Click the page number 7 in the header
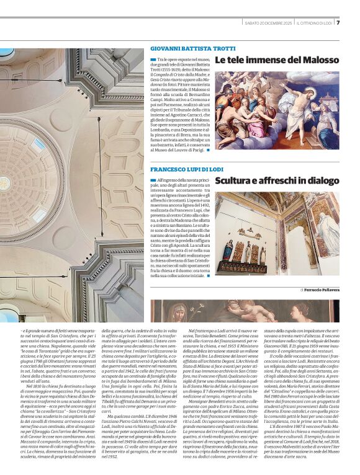point(355,23)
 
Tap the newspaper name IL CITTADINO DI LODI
point(315,23)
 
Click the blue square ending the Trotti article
point(209,150)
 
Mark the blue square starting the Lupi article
point(153,180)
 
